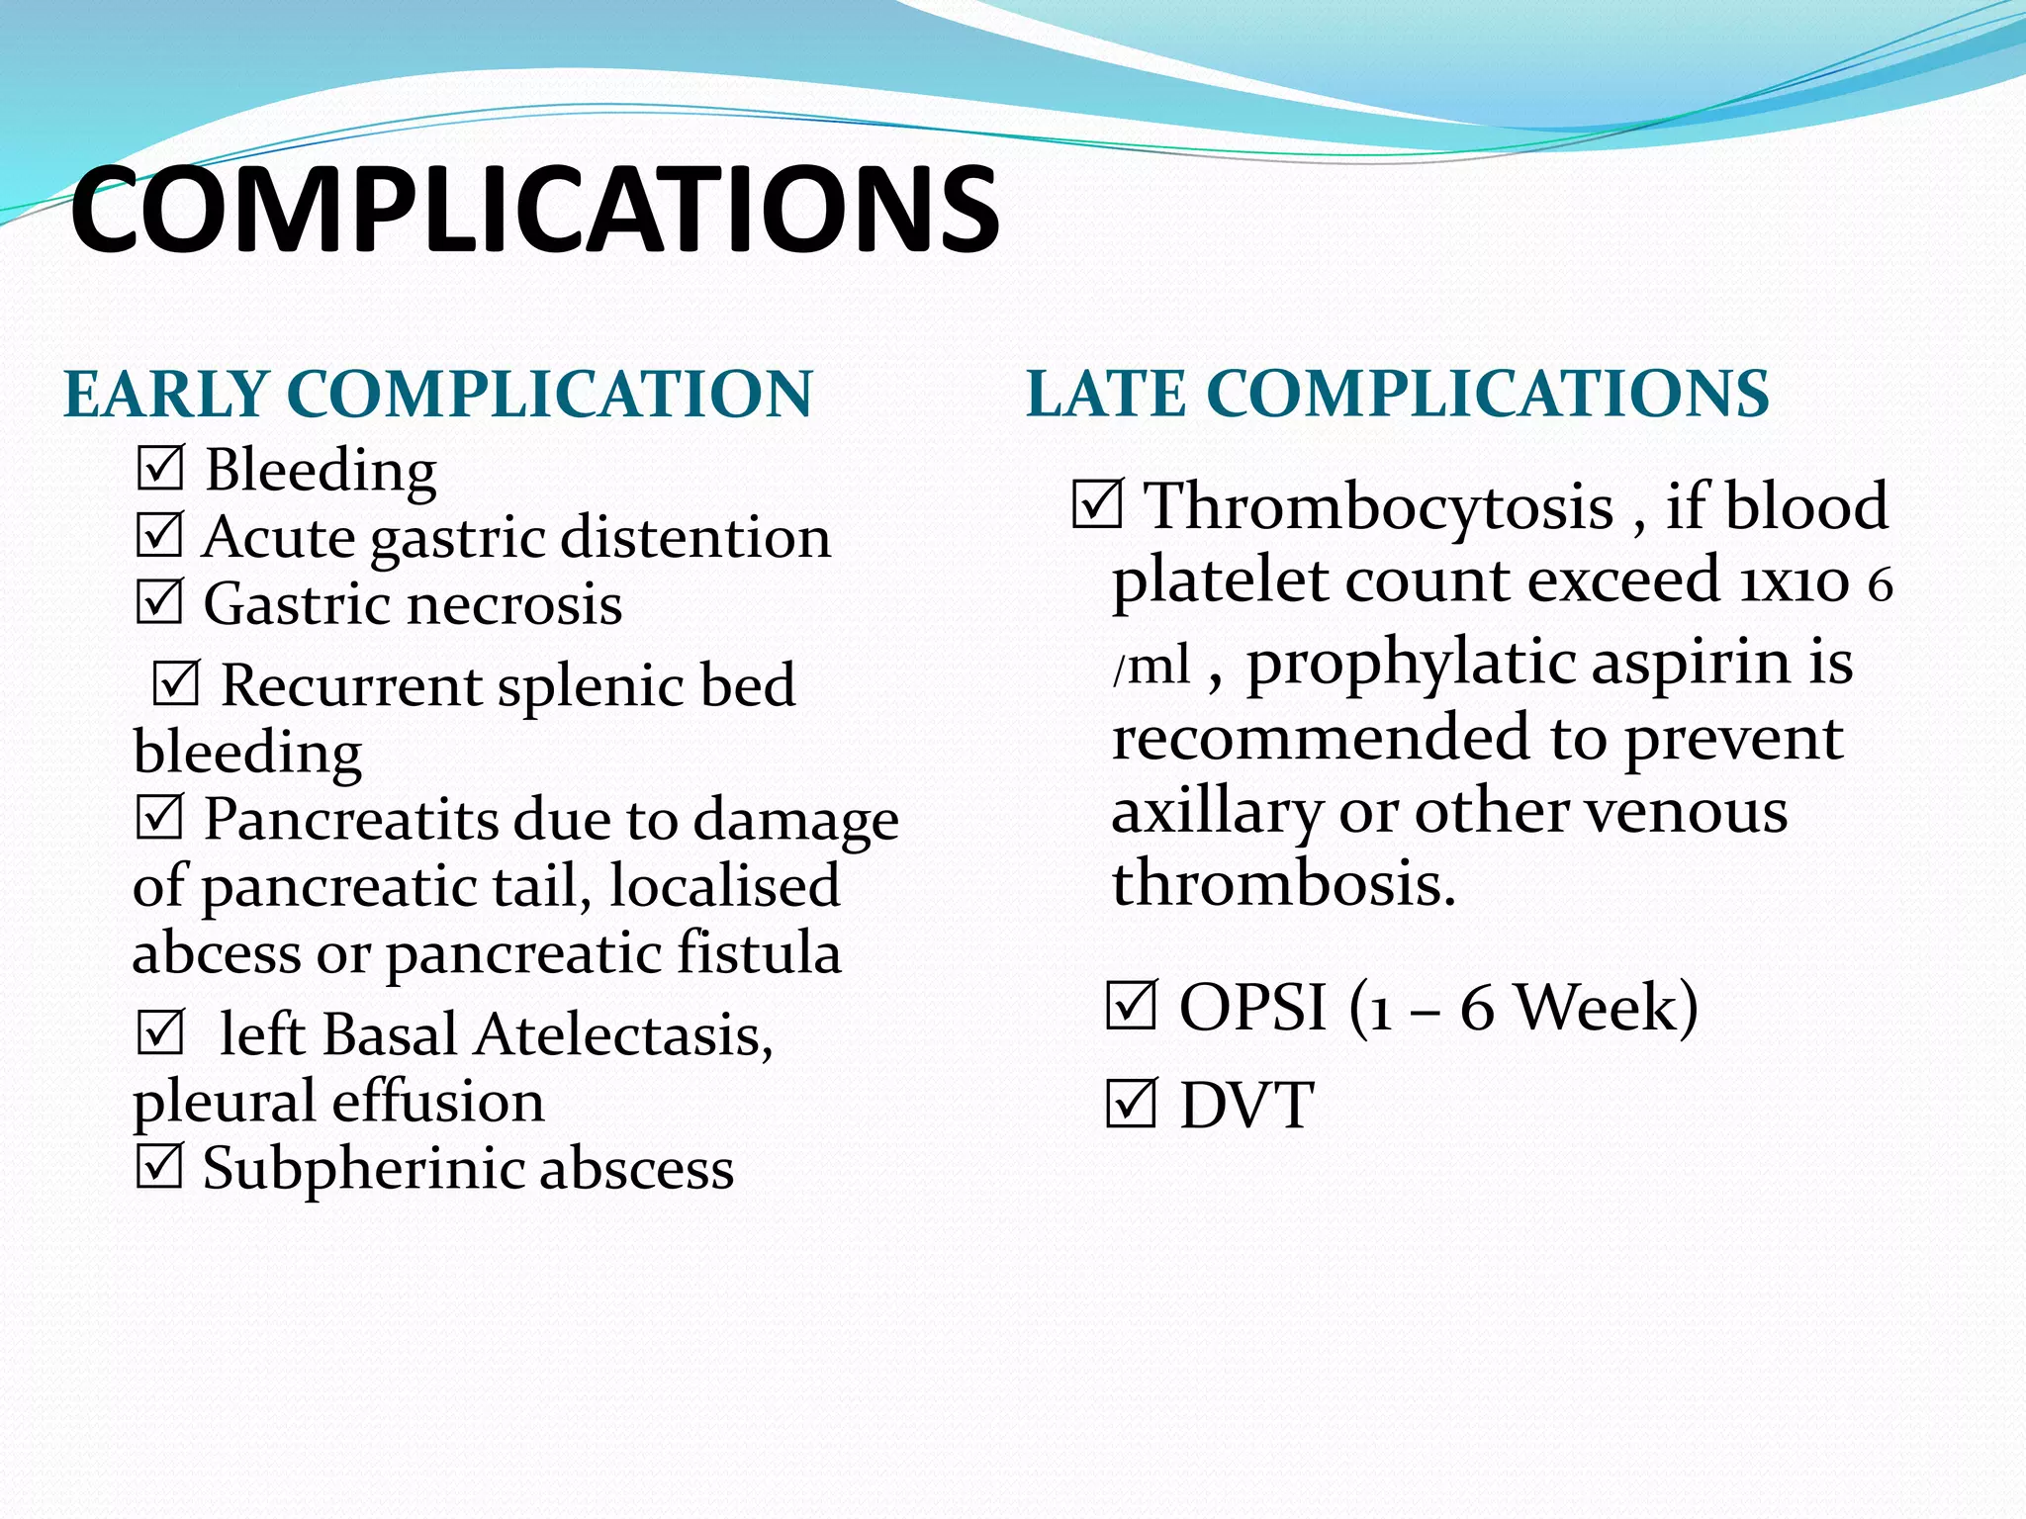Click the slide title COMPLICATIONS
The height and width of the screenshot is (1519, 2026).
click(534, 212)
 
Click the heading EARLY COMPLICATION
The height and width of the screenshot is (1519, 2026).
click(437, 394)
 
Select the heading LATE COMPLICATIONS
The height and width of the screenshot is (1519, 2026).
click(1397, 394)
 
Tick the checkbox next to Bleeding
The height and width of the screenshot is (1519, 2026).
click(159, 468)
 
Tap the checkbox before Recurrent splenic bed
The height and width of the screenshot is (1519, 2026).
click(176, 683)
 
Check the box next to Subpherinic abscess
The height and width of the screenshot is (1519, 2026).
click(159, 1167)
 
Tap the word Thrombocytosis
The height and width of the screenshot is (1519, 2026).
click(1378, 506)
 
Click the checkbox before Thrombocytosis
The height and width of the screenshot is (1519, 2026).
click(1097, 504)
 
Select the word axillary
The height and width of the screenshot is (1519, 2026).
click(1216, 813)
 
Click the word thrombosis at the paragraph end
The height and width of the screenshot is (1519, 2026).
click(1283, 882)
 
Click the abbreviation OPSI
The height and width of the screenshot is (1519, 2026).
click(1252, 1007)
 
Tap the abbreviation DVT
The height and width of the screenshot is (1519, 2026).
click(1246, 1106)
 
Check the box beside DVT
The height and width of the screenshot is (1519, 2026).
click(1131, 1105)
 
